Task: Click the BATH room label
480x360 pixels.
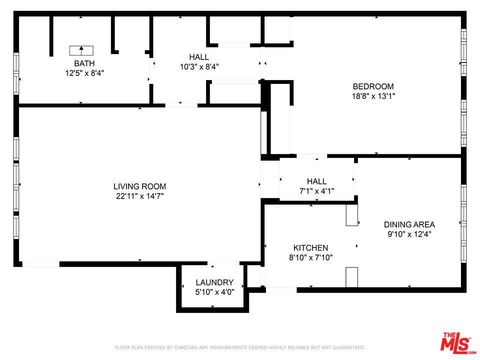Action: (x=84, y=63)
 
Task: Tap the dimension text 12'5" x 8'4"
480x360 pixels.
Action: (x=84, y=73)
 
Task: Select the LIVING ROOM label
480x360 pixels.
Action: (x=139, y=186)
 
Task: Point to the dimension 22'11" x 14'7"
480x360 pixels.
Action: (x=139, y=196)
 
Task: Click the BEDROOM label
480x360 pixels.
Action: (x=373, y=86)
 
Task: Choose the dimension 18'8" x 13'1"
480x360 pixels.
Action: (x=373, y=96)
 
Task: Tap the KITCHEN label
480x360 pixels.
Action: (x=310, y=247)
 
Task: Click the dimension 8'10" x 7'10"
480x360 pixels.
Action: (x=310, y=257)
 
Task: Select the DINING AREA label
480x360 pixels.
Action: (x=409, y=224)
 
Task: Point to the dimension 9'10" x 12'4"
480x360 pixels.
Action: (x=409, y=234)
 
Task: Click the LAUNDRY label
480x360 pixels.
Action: (x=214, y=282)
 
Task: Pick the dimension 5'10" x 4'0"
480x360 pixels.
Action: (x=214, y=292)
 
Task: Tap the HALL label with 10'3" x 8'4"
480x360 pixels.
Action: (x=199, y=57)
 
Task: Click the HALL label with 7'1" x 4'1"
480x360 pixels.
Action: (x=316, y=181)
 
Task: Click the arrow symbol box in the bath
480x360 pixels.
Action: (x=81, y=50)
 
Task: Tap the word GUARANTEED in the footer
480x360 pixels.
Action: (x=347, y=347)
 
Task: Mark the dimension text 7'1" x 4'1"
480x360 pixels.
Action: (x=316, y=191)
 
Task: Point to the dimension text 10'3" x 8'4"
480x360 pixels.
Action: (x=199, y=66)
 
